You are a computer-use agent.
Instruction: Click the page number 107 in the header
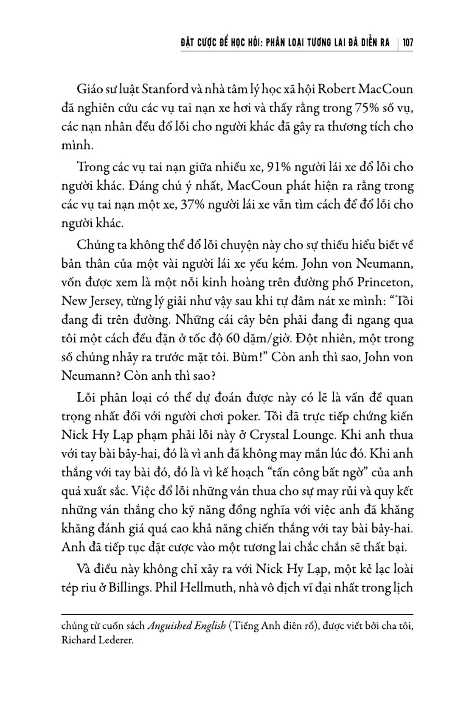click(407, 42)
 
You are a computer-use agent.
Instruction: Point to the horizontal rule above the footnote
click(237, 615)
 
